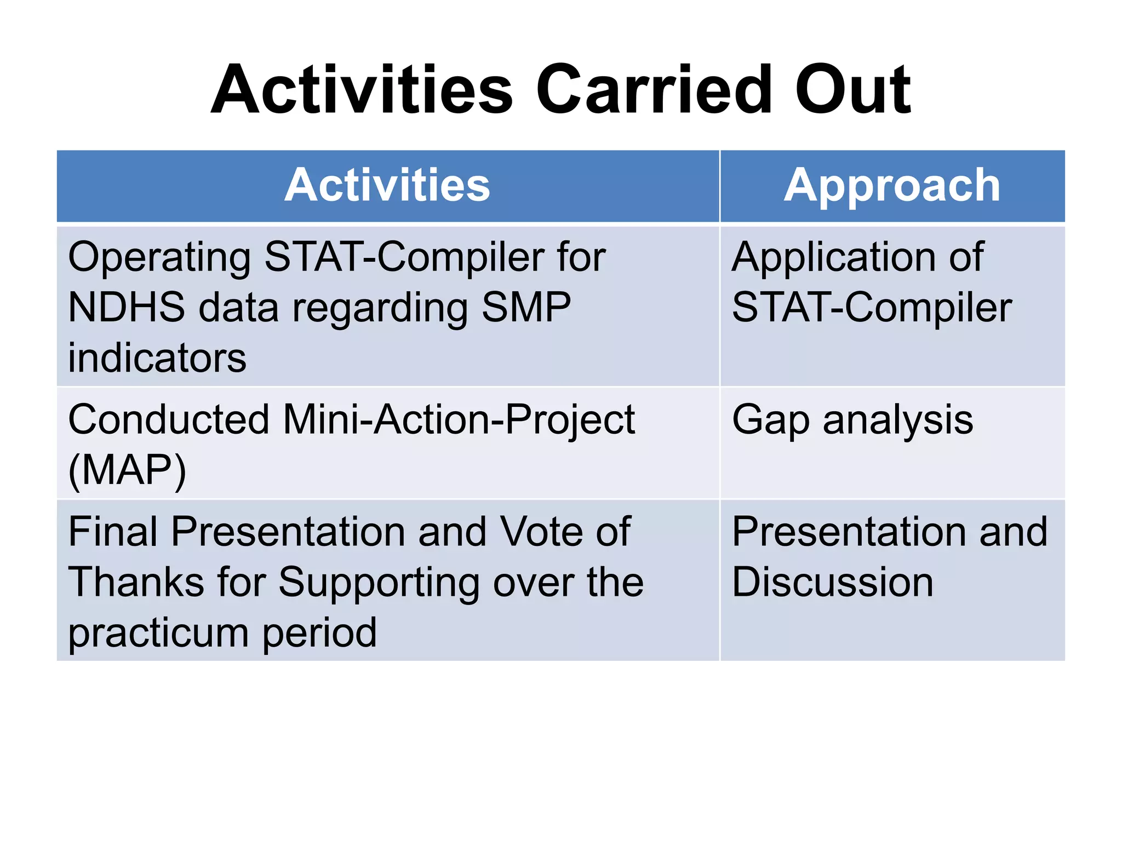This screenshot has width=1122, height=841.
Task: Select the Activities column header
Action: pos(387,186)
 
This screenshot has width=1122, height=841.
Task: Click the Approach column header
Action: pos(892,186)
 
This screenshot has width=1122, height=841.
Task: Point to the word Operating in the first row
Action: pos(159,257)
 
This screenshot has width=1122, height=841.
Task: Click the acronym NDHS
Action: pos(127,307)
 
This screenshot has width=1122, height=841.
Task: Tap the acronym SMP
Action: pos(525,307)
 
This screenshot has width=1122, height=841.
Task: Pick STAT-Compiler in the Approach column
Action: pos(872,307)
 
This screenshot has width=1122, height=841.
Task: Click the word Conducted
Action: pos(168,420)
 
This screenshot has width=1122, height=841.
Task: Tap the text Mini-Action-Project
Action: pos(459,420)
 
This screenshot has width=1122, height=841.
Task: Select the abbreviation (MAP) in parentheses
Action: pos(127,470)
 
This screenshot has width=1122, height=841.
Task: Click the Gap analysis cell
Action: pos(852,420)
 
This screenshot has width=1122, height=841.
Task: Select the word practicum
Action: pos(158,633)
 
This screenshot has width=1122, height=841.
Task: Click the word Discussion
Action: pos(833,582)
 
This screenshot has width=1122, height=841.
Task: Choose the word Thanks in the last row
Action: pos(136,582)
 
